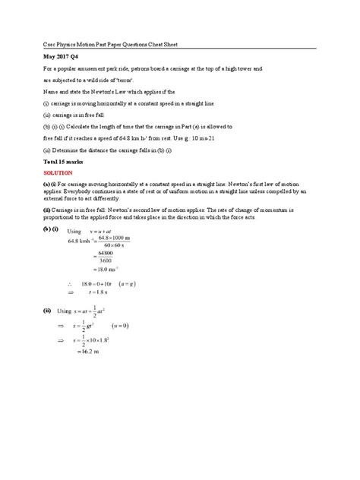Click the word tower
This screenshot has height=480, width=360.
coord(245,68)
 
